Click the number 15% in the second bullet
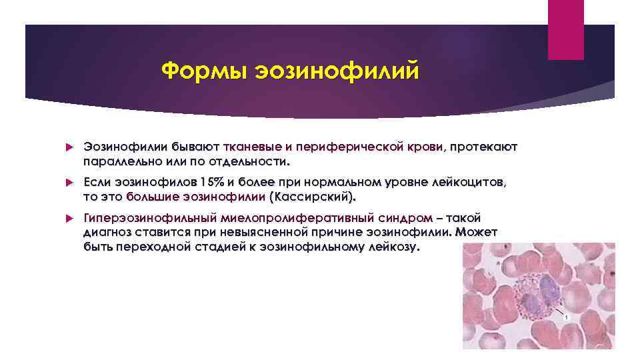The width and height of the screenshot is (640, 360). pos(213,182)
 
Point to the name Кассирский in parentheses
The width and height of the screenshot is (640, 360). pos(311,197)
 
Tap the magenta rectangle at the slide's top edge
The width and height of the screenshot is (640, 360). pos(565,30)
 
